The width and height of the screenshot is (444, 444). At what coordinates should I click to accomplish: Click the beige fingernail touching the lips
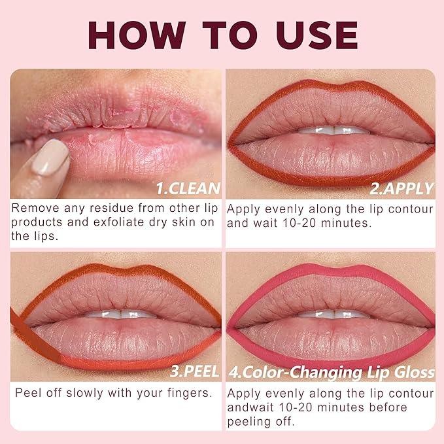pyautogui.click(x=50, y=157)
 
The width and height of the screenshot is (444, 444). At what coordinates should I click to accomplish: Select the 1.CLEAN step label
pyautogui.click(x=188, y=188)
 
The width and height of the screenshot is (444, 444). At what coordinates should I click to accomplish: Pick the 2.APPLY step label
pyautogui.click(x=401, y=188)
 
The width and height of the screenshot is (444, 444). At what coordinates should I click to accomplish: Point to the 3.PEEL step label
pyautogui.click(x=195, y=371)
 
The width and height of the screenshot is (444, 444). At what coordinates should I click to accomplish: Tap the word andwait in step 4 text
pyautogui.click(x=251, y=407)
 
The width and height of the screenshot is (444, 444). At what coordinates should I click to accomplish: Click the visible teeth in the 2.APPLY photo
pyautogui.click(x=333, y=130)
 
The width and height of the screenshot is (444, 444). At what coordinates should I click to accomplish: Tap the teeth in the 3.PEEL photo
pyautogui.click(x=120, y=315)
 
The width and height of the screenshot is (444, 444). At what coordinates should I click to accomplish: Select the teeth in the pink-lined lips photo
pyautogui.click(x=334, y=315)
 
